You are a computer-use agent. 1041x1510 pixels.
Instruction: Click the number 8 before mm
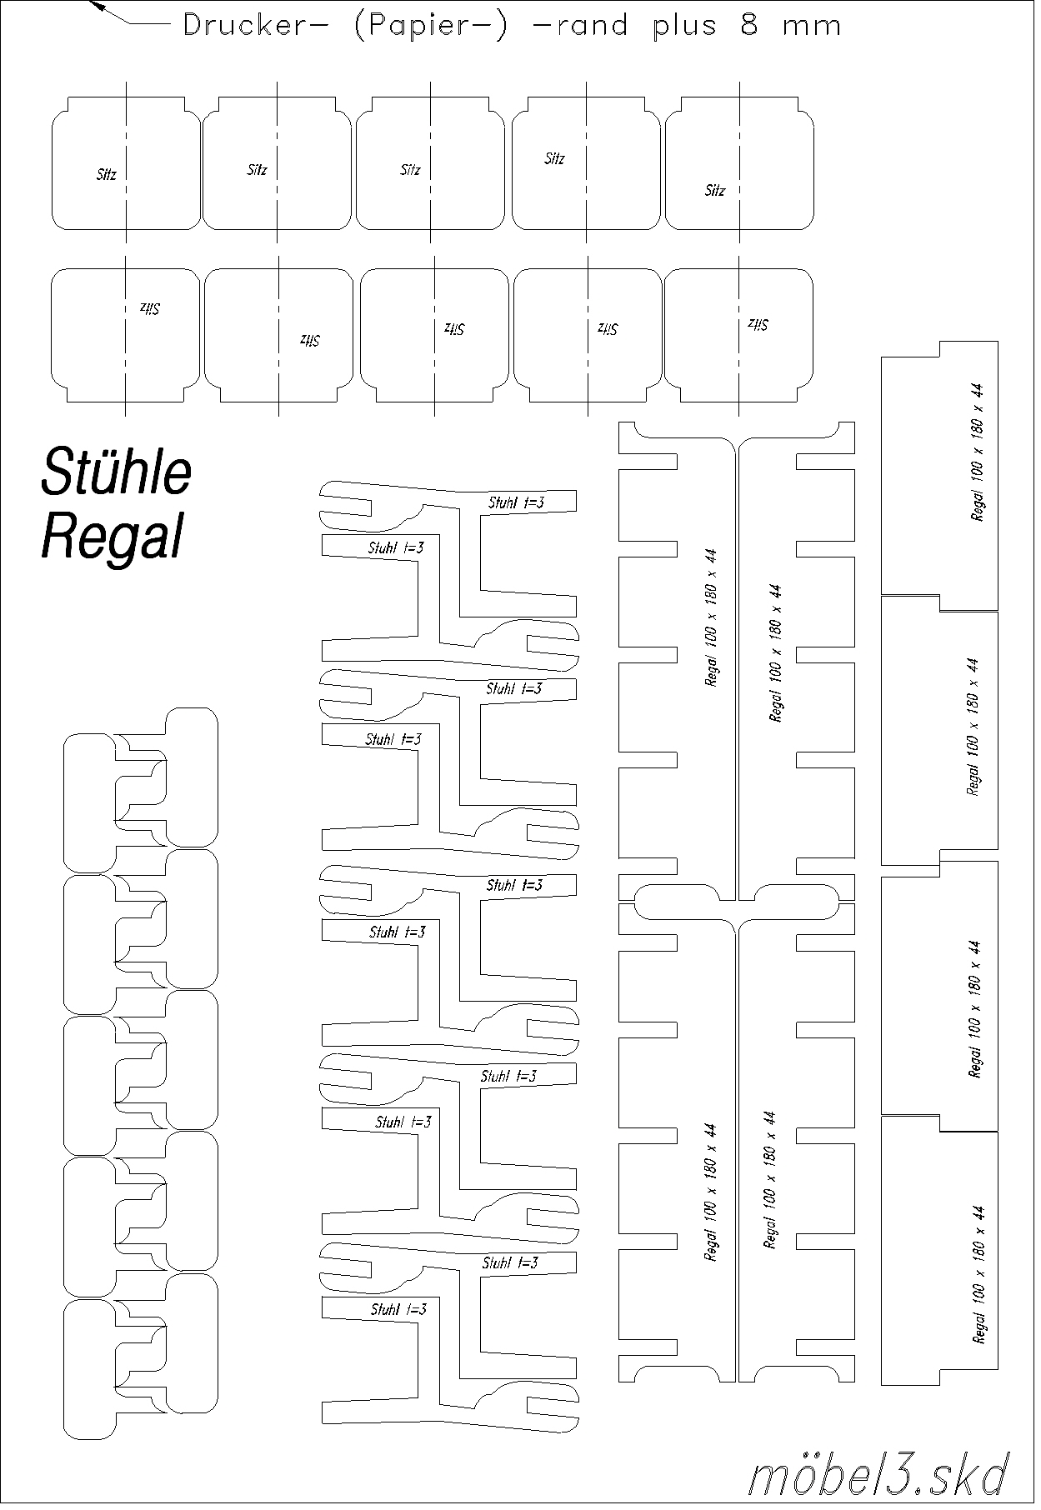click(749, 26)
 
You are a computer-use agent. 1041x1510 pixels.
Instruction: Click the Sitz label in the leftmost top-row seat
click(107, 175)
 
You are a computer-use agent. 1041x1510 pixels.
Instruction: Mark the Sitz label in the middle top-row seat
click(411, 170)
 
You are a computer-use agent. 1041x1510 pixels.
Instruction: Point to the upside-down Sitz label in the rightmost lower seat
click(758, 324)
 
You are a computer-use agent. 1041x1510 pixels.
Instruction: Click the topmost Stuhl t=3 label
click(517, 502)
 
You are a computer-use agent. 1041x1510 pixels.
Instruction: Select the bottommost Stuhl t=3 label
click(398, 1309)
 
